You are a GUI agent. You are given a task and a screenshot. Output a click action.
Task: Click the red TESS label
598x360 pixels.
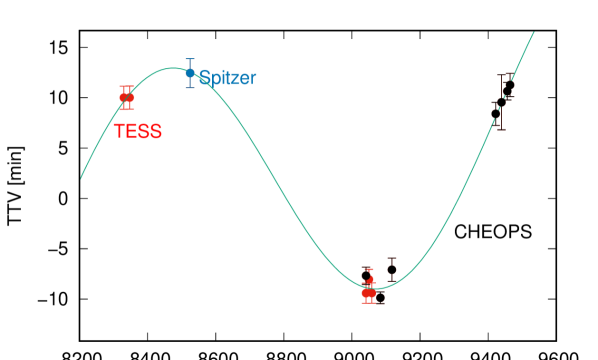(x=137, y=131)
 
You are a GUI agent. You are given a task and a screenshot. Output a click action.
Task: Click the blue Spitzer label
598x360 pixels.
(x=227, y=78)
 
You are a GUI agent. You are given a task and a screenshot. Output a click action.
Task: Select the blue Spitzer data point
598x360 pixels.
(x=189, y=73)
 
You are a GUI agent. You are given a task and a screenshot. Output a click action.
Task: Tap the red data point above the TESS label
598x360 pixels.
(x=126, y=98)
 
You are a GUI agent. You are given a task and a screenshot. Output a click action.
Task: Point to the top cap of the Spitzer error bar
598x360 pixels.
(x=189, y=59)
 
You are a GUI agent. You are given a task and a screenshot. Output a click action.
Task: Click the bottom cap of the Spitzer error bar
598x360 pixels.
(x=189, y=88)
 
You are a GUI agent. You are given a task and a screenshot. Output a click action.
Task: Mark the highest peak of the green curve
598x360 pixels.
(x=173, y=68)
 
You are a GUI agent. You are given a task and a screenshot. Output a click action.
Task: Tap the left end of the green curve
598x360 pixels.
(x=81, y=178)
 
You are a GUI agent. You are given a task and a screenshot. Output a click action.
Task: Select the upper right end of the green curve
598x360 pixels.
(x=534, y=32)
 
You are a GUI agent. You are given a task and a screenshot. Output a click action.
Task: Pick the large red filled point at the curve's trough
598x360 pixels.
(x=368, y=293)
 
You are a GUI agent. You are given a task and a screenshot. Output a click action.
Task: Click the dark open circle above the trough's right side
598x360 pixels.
(x=392, y=269)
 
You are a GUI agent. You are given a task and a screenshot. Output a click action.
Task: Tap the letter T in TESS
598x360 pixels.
(x=119, y=131)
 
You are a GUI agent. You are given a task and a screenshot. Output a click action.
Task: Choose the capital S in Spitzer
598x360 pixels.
(x=204, y=78)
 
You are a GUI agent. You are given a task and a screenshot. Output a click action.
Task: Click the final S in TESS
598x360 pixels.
(x=155, y=131)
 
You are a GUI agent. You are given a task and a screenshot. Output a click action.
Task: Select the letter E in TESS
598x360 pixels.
(x=131, y=131)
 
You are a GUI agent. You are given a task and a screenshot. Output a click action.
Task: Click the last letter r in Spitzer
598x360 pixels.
(x=252, y=78)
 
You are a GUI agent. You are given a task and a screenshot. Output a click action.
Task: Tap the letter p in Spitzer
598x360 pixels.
(x=214, y=79)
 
